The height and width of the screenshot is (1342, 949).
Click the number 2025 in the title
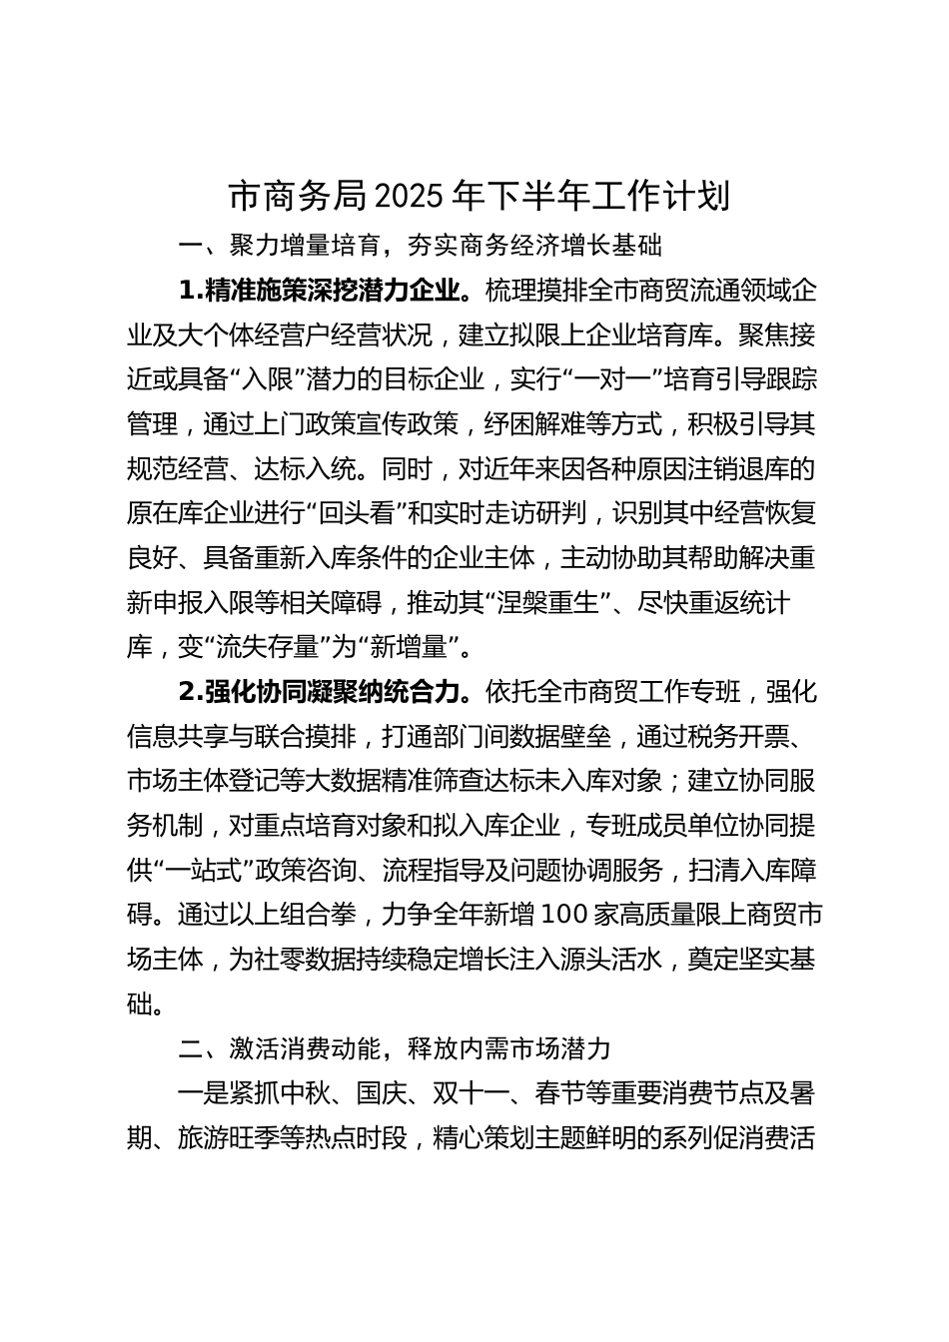(410, 197)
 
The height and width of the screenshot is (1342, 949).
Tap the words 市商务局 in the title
(300, 197)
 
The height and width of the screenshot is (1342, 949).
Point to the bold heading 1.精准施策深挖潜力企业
(322, 291)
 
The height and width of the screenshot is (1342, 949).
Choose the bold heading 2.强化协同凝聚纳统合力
(322, 691)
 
